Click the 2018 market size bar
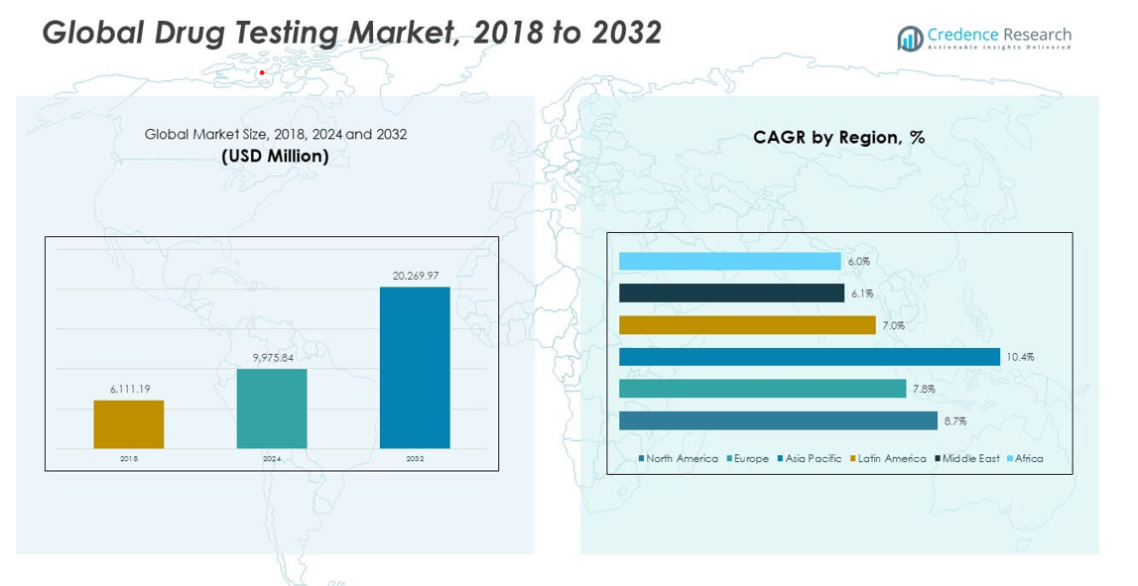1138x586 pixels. (129, 424)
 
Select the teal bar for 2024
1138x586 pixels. (272, 409)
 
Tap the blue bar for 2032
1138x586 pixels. (415, 368)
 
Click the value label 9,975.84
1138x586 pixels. (272, 357)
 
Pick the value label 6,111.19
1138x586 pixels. (129, 389)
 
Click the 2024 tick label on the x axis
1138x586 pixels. (272, 459)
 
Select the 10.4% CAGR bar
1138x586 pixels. (809, 357)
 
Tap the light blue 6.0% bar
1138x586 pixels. (729, 261)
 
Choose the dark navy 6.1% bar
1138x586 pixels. (731, 293)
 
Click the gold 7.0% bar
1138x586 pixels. (747, 325)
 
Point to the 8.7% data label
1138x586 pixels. (955, 421)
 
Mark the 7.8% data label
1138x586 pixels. (924, 390)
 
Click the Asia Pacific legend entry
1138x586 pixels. (813, 459)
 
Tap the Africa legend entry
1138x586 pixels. (1028, 459)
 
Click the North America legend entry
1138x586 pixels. (681, 459)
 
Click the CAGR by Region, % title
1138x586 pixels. (838, 138)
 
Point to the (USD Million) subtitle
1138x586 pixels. (275, 156)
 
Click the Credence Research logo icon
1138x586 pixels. (909, 40)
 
